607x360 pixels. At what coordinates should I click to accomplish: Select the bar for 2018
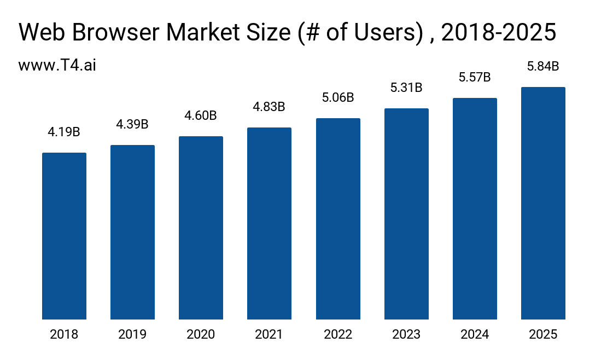pyautogui.click(x=64, y=236)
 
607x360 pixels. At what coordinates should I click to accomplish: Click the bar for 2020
pyautogui.click(x=201, y=228)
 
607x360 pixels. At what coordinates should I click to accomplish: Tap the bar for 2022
pyautogui.click(x=338, y=219)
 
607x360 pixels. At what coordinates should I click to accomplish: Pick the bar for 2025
pyautogui.click(x=543, y=203)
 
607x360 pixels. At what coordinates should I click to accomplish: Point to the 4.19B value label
pyautogui.click(x=64, y=132)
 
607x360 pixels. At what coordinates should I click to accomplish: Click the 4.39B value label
pyautogui.click(x=132, y=124)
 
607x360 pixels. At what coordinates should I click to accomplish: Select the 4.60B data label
pyautogui.click(x=201, y=115)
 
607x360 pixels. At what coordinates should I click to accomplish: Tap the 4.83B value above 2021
pyautogui.click(x=269, y=107)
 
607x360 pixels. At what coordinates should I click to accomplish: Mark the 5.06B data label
pyautogui.click(x=338, y=97)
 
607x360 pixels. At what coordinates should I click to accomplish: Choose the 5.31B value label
pyautogui.click(x=406, y=88)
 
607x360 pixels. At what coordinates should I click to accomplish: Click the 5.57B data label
pyautogui.click(x=475, y=77)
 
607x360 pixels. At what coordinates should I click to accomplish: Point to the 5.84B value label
pyautogui.click(x=543, y=66)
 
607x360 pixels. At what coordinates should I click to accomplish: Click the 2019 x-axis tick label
pyautogui.click(x=132, y=334)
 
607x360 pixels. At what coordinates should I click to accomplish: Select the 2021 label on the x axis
pyautogui.click(x=269, y=334)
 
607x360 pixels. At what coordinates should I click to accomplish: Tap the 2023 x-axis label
pyautogui.click(x=406, y=334)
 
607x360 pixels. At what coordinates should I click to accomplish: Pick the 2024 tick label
pyautogui.click(x=475, y=334)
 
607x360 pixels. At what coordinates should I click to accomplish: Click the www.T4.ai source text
pyautogui.click(x=57, y=65)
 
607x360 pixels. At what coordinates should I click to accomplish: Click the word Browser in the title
pyautogui.click(x=113, y=33)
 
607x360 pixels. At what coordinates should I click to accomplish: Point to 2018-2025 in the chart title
pyautogui.click(x=498, y=33)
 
